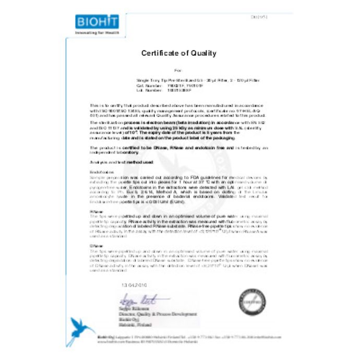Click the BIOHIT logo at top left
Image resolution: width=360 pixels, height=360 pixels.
click(x=97, y=21)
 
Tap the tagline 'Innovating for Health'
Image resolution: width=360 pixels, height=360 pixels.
click(x=97, y=32)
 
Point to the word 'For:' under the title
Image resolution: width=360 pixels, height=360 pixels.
click(x=178, y=69)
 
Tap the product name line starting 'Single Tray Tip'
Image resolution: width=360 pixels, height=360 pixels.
click(x=201, y=79)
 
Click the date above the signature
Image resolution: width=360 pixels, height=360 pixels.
click(x=134, y=285)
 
